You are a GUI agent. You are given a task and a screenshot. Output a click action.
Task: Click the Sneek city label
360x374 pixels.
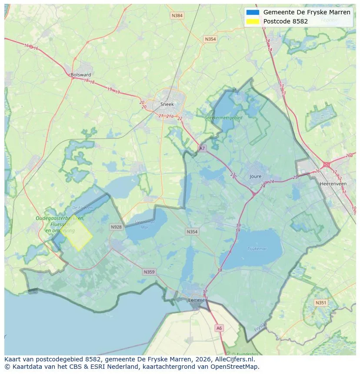point(167,104)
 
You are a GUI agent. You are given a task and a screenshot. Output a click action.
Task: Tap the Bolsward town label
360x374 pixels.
point(81,75)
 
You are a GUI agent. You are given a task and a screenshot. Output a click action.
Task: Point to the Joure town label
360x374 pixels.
point(256,176)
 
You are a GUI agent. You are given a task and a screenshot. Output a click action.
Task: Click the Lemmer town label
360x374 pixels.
point(197,300)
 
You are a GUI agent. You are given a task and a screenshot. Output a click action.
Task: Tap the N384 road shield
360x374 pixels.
point(177,16)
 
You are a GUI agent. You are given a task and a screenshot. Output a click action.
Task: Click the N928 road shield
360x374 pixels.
point(116,227)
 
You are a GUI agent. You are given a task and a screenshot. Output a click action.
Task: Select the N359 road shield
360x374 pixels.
point(149,272)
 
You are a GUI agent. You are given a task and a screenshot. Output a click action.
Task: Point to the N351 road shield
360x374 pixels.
point(321,303)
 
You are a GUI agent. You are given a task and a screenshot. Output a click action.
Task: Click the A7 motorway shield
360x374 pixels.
point(202,148)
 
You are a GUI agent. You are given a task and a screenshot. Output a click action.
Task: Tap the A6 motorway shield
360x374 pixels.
point(219,328)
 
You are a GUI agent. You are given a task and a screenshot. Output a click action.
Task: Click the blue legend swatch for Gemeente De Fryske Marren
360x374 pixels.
point(252,12)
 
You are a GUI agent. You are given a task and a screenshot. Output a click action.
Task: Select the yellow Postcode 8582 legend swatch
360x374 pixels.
point(252,21)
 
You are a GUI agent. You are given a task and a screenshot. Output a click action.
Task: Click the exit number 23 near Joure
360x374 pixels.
point(233,175)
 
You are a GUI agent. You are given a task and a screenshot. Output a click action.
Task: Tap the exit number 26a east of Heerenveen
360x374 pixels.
point(349,156)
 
